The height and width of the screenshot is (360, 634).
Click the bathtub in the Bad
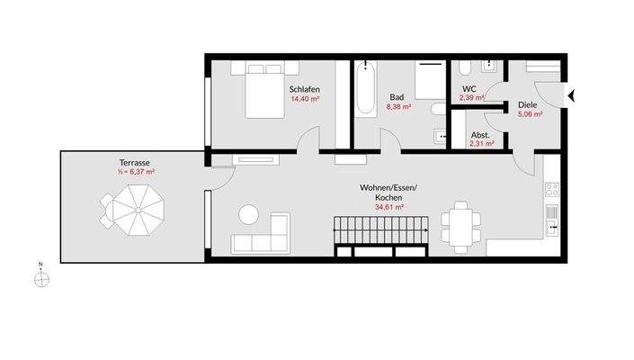(x=364, y=89)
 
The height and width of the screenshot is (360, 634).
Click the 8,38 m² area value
(x=398, y=106)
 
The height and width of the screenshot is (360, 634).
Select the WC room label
(x=469, y=88)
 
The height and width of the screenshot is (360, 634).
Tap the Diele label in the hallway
(x=528, y=105)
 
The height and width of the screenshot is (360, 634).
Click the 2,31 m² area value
(x=480, y=143)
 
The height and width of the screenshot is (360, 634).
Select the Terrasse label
(x=133, y=162)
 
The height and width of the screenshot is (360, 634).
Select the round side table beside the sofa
(x=247, y=215)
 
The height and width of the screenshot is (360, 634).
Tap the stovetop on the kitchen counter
(x=552, y=190)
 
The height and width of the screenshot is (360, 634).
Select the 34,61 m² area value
(x=388, y=207)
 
